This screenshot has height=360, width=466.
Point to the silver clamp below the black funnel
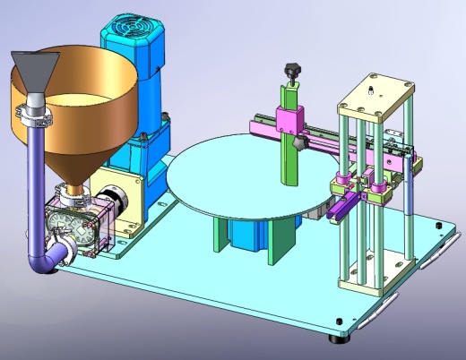pyautogui.click(x=33, y=114)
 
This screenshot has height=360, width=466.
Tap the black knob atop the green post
pyautogui.click(x=290, y=69)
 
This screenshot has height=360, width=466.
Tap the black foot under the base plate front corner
pyautogui.click(x=339, y=338)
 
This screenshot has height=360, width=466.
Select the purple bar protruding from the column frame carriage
pyautogui.click(x=344, y=210)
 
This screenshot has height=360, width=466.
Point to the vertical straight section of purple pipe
pyautogui.click(x=35, y=179)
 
